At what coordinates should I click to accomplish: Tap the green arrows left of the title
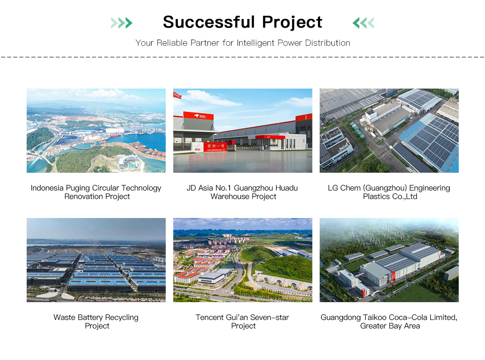pos(122,23)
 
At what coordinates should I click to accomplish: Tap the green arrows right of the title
pos(363,23)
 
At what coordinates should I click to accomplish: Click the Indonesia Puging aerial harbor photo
pos(96,131)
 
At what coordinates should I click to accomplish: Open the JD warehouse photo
pos(242,131)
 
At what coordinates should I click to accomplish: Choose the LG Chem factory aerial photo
pos(389,131)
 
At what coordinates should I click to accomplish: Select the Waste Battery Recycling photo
pos(96,260)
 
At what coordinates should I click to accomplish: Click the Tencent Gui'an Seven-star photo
pos(242,260)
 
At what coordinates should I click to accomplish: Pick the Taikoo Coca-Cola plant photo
pos(389,260)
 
